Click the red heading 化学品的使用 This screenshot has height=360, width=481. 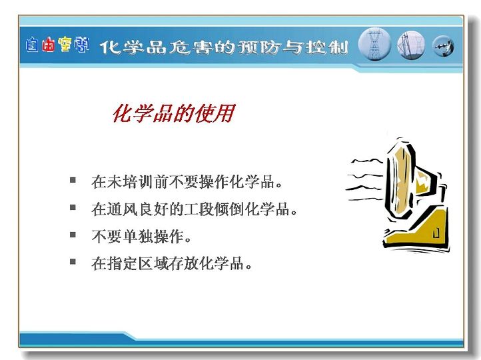(174, 113)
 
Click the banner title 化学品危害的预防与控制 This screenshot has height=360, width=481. (224, 47)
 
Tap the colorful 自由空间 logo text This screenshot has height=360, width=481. (57, 45)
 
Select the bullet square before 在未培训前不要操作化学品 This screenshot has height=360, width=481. (73, 180)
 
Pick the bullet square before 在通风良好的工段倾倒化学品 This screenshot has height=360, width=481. (73, 207)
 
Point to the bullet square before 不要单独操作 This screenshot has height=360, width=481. (73, 235)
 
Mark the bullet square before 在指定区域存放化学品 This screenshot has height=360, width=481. (73, 262)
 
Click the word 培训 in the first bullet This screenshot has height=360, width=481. (130, 182)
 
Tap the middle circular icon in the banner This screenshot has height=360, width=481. (411, 46)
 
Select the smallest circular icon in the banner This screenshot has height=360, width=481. (443, 47)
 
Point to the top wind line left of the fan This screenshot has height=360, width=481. (367, 161)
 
